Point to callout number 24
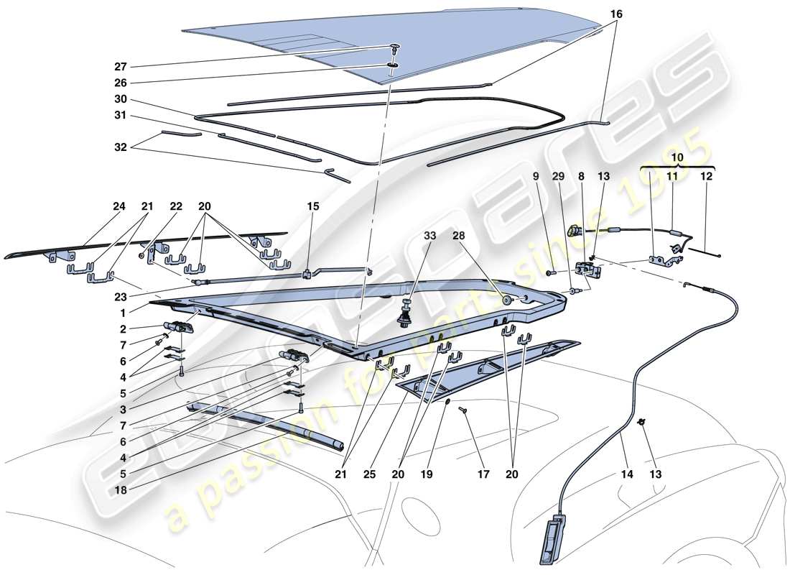tap(119, 206)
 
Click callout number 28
tap(458, 235)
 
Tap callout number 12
tap(707, 175)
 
